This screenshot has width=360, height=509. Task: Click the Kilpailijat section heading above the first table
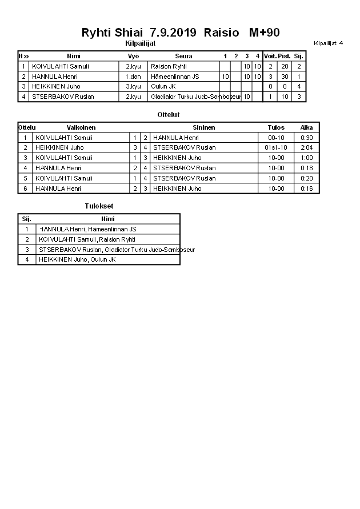140,43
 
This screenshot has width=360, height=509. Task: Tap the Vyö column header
134,56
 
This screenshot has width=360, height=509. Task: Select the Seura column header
183,56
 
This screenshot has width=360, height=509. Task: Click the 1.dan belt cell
134,77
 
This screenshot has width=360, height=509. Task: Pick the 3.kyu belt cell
134,87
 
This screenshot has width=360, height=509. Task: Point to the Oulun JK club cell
163,87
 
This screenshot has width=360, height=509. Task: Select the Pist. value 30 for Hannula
284,77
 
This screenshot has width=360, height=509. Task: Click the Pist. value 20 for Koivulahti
284,66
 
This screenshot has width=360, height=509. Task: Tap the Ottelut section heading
168,115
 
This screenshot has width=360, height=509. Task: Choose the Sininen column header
203,127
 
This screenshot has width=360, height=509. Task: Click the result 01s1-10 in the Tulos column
276,147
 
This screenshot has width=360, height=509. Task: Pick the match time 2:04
307,147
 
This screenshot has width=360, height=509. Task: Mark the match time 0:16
307,189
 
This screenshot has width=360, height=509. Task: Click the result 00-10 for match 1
276,138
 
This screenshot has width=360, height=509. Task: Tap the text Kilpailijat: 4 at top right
328,43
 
